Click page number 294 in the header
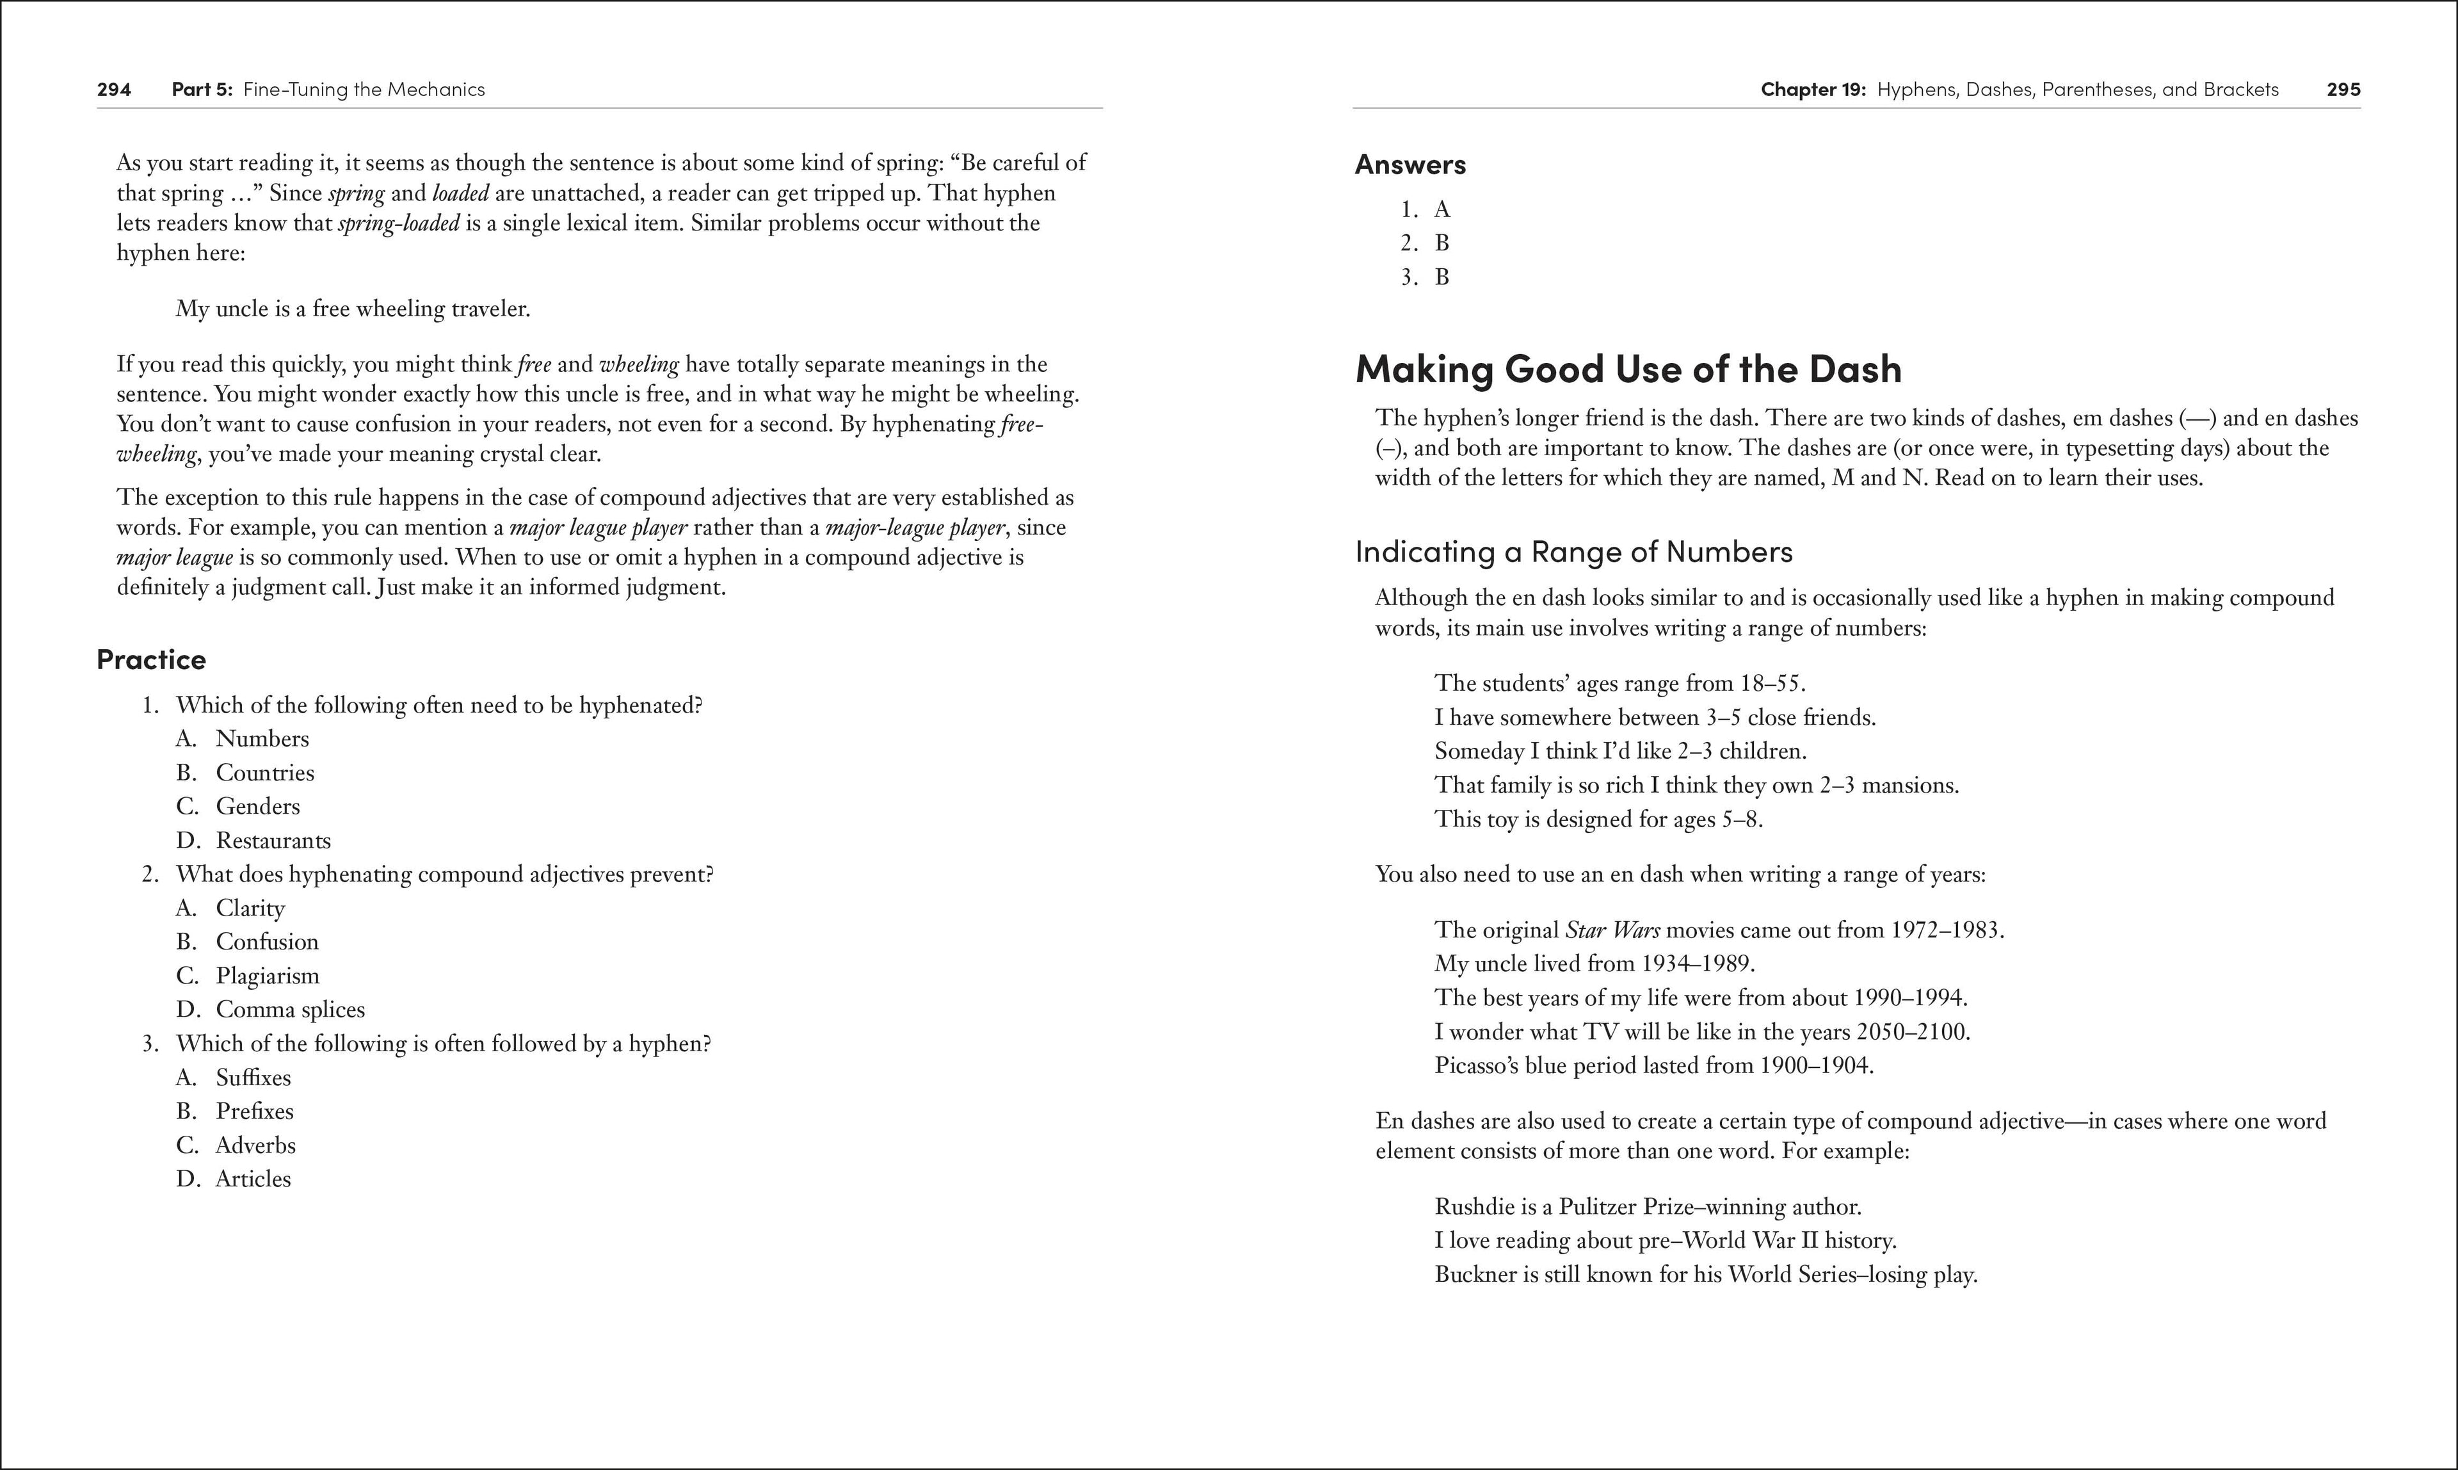[x=114, y=89]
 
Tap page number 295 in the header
[x=2343, y=89]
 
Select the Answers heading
[x=1410, y=165]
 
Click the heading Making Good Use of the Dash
[x=1628, y=369]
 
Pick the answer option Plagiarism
[x=268, y=976]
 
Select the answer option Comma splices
[x=290, y=1010]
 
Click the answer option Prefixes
[x=255, y=1111]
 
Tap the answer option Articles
[x=253, y=1179]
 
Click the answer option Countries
[x=264, y=773]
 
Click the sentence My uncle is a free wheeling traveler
[x=353, y=309]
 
